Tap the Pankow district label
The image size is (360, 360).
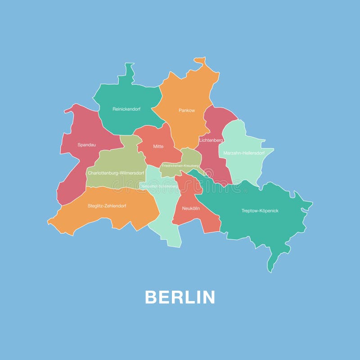(x=187, y=110)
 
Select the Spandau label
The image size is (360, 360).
(x=86, y=145)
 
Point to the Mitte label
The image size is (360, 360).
(x=158, y=146)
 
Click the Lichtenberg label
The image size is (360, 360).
(x=211, y=140)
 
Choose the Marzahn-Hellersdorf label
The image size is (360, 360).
(x=243, y=153)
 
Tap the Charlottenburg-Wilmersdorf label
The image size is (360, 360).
(x=116, y=173)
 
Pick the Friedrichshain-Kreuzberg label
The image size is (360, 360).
(x=180, y=166)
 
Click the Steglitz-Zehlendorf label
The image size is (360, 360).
(x=107, y=206)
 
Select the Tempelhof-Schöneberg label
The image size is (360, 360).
(x=159, y=185)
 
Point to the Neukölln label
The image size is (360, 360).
(x=191, y=208)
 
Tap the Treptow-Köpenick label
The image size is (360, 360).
(x=260, y=211)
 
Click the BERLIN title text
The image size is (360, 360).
(x=180, y=297)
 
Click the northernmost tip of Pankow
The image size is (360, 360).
(x=200, y=60)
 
